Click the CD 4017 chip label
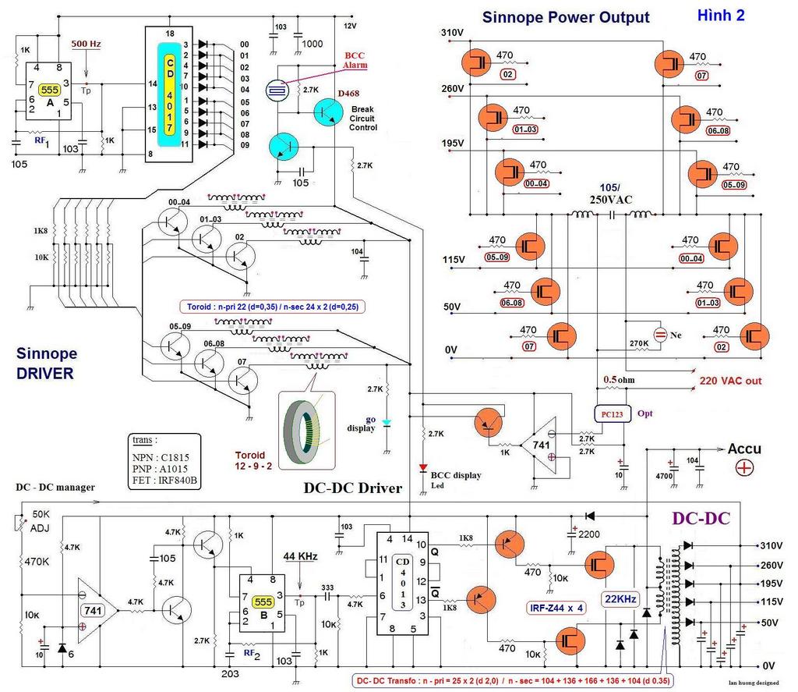[168, 93]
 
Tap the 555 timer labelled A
[50, 89]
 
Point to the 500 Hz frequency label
[86, 44]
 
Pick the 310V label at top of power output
[452, 33]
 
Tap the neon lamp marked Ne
[660, 335]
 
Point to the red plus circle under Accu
[744, 468]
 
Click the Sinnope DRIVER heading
[45, 364]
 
